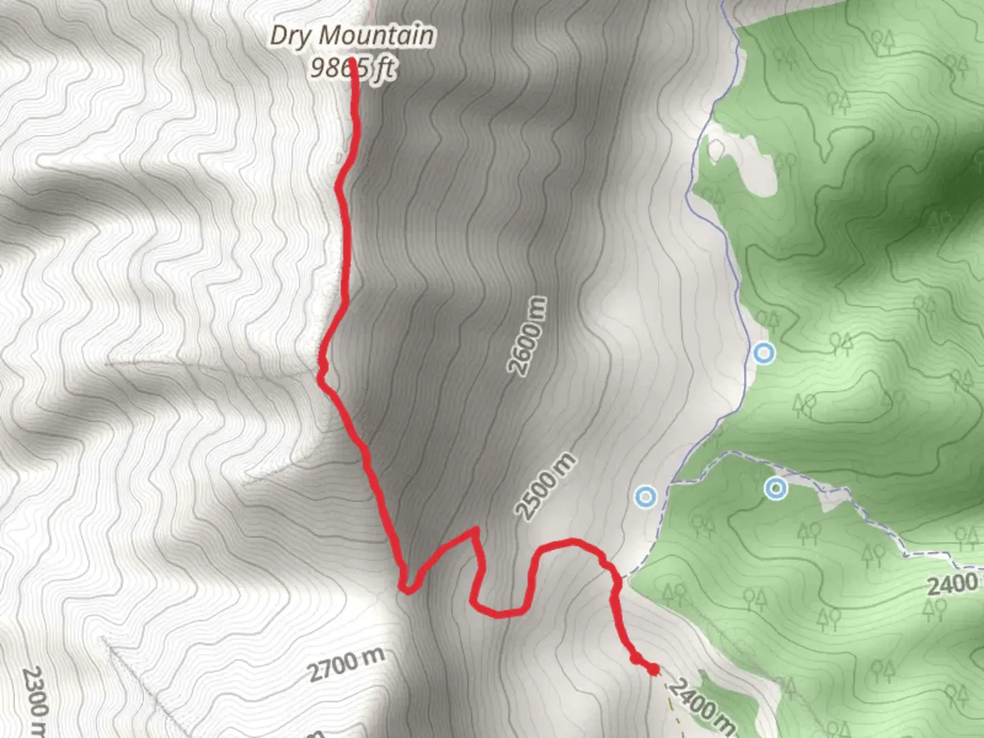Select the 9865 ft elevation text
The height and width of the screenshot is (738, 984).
coord(353,68)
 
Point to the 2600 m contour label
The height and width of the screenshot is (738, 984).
coord(528,336)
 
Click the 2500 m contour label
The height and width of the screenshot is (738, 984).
coord(545,486)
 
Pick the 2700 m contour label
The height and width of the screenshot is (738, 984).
coord(345,664)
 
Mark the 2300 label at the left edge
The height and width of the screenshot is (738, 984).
coord(34,700)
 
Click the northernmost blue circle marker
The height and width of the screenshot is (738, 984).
coord(764,353)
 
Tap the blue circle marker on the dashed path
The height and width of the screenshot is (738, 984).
coord(775,489)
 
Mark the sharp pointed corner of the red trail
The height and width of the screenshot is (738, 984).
coord(474,529)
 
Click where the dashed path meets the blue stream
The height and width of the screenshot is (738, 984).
coord(673,482)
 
